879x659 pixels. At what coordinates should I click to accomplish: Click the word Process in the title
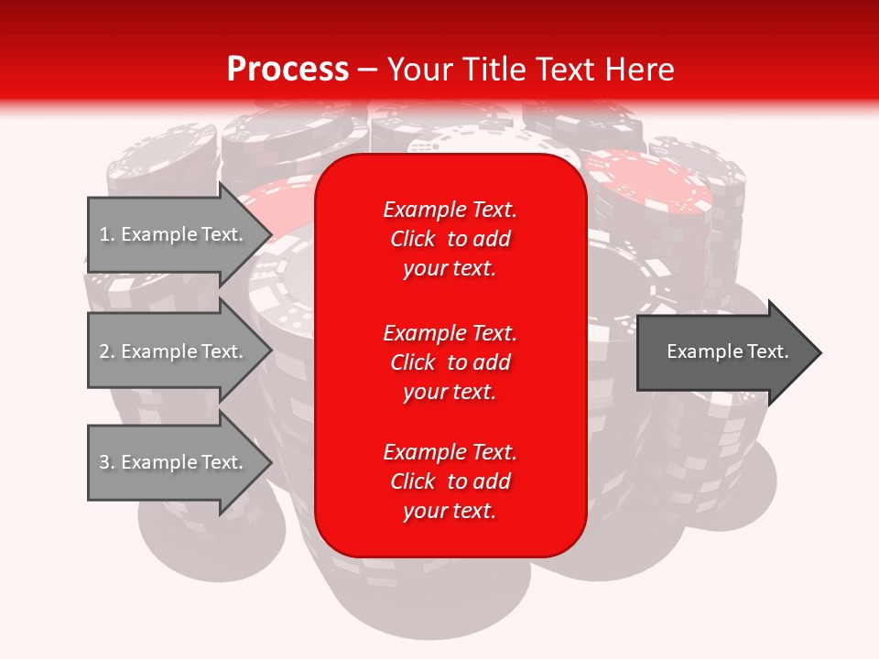pyautogui.click(x=288, y=70)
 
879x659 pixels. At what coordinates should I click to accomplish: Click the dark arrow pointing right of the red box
pyautogui.click(x=723, y=352)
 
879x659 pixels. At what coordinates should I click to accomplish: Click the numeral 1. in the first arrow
pyautogui.click(x=106, y=234)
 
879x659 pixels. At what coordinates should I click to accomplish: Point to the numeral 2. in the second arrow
pyautogui.click(x=106, y=351)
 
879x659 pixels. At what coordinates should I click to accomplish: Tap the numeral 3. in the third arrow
pyautogui.click(x=106, y=462)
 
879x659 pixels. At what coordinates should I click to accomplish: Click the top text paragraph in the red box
pyautogui.click(x=450, y=239)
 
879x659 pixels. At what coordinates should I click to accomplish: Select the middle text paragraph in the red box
pyautogui.click(x=450, y=362)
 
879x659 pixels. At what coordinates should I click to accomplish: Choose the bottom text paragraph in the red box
pyautogui.click(x=450, y=481)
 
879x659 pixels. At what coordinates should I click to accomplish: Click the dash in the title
pyautogui.click(x=367, y=70)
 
